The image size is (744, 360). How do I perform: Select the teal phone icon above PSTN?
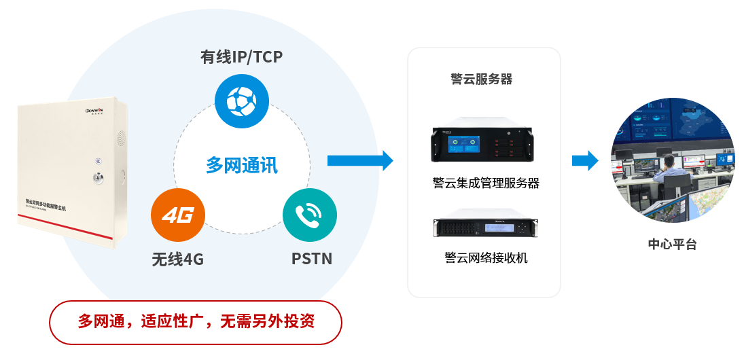pos(309,216)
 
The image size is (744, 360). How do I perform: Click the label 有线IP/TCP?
pos(241,57)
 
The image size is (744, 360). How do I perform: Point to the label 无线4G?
pos(177,259)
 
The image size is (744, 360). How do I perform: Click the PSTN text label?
pos(312,259)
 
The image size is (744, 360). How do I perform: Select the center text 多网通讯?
pos(242,164)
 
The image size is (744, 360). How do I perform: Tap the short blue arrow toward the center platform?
pos(584,161)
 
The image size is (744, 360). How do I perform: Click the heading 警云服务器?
pos(482,79)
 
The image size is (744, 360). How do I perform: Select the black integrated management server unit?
pos(484,144)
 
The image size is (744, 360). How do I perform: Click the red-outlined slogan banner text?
pos(196,321)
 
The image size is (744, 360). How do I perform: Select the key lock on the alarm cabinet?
pos(94,179)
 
